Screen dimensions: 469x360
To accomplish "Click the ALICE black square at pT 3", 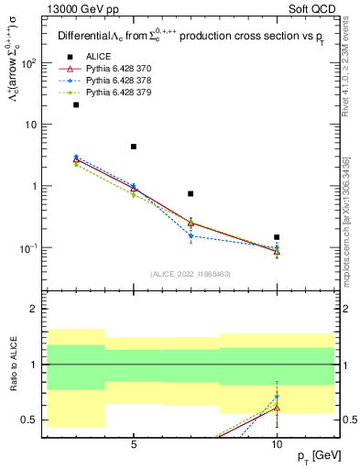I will (x=76, y=104).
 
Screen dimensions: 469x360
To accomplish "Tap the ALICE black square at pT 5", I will (x=134, y=147).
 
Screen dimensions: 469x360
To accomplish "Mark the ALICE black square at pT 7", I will (x=191, y=193).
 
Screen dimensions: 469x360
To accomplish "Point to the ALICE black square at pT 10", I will (x=277, y=237).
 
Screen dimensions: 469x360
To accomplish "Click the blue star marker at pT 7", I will (x=191, y=235).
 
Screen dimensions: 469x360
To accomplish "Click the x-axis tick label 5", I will (x=134, y=444).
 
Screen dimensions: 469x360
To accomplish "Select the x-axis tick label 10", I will (x=277, y=444).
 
